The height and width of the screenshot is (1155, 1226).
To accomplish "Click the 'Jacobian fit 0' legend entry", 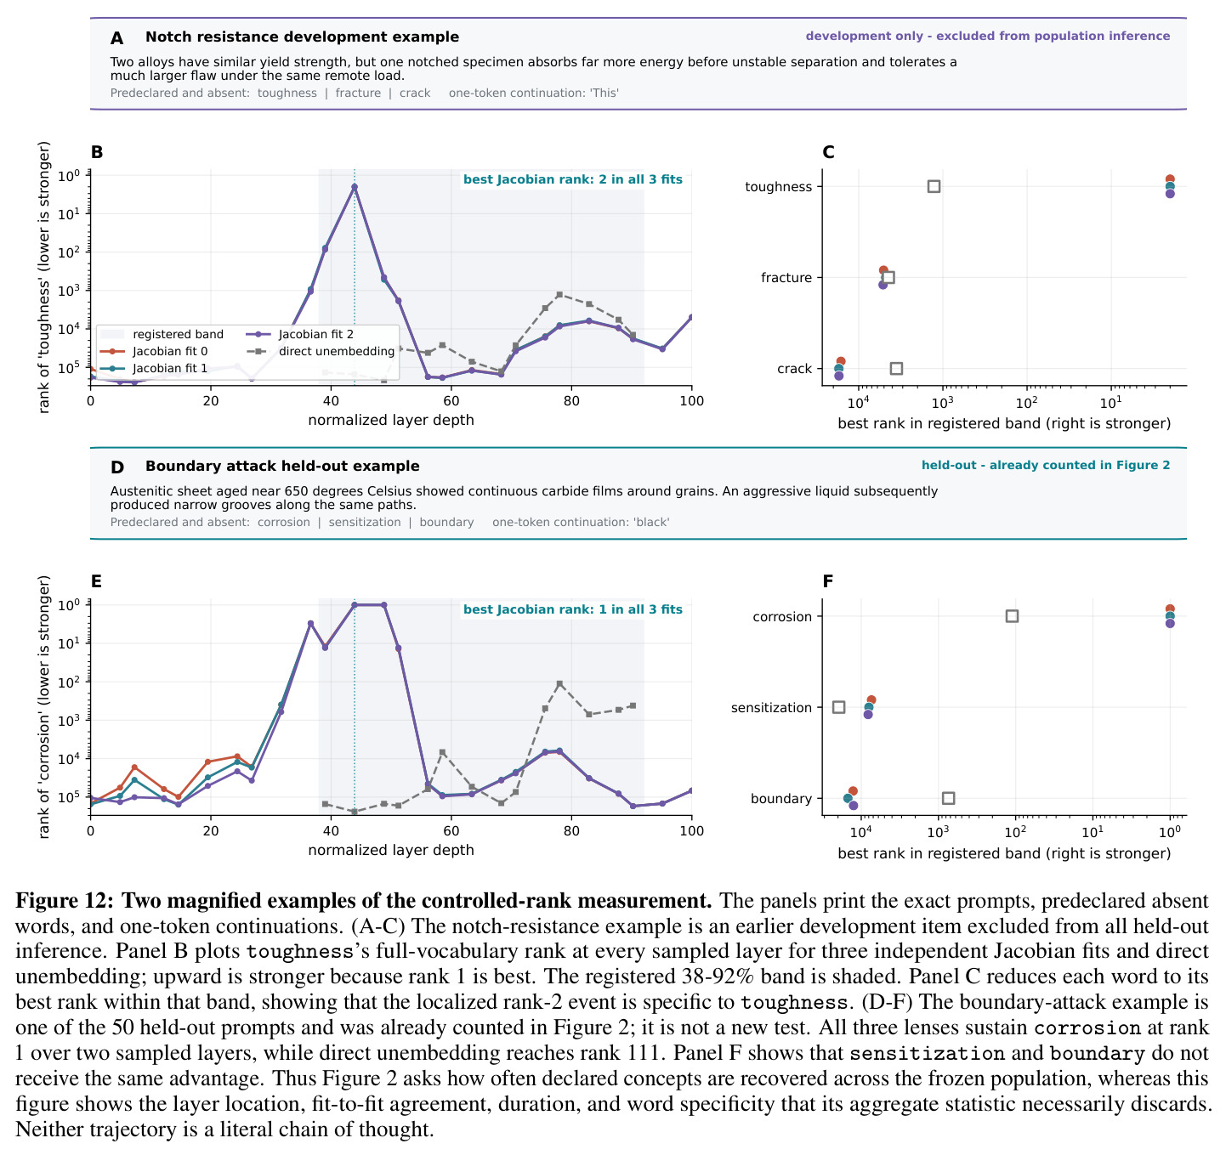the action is [154, 351].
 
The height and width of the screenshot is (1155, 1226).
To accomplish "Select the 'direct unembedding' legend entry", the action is [321, 351].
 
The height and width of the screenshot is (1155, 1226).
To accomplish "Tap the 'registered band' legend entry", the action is [162, 334].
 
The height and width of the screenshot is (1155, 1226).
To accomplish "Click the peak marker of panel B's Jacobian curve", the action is [355, 186].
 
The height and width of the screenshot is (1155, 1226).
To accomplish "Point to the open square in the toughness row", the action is [934, 186].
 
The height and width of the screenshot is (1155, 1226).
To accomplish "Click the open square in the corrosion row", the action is [1012, 616].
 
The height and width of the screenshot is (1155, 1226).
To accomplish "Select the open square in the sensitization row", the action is [838, 707].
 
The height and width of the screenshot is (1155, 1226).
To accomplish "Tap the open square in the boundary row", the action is [948, 798].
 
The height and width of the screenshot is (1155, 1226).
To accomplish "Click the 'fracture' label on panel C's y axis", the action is [786, 278].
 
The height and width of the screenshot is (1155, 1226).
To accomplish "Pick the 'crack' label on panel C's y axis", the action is [794, 369].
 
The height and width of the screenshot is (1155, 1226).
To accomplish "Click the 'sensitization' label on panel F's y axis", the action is [771, 707].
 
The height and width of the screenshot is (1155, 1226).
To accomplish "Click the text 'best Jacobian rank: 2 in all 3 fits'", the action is [573, 179].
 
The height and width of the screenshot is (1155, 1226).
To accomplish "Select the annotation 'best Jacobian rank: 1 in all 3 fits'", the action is [573, 609].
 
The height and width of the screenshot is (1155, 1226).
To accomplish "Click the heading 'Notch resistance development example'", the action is [302, 37].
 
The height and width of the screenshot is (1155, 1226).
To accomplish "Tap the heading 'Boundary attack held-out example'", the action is [282, 466].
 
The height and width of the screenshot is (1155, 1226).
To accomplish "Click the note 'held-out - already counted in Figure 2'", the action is [1045, 465].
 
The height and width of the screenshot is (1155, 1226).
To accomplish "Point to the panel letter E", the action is [96, 580].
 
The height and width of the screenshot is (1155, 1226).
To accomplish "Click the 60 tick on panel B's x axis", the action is [451, 400].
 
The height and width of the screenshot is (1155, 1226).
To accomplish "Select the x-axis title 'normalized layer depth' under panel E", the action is [391, 850].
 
